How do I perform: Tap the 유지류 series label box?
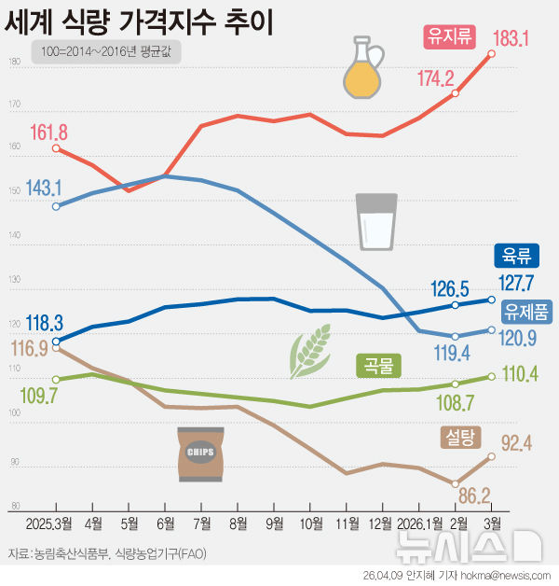(448, 36)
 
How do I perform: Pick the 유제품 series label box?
(526, 309)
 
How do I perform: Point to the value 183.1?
(511, 38)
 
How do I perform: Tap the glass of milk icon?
(376, 222)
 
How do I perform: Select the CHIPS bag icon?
(200, 454)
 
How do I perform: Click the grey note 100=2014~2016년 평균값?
(105, 53)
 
